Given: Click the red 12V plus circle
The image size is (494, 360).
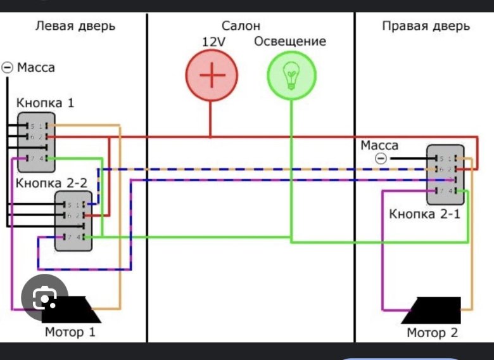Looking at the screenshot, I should click(212, 75).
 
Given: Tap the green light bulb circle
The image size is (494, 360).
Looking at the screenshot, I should click(291, 75).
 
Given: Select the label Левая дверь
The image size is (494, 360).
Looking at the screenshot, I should click(75, 27).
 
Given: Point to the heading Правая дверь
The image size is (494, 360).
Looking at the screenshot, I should click(426, 27).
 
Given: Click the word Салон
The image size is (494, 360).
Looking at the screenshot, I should click(241, 27).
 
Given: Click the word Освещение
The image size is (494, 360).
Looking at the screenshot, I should click(290, 42).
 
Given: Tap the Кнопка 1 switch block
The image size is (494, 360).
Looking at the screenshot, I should click(35, 142).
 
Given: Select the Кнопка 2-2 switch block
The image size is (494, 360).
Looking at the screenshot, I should click(73, 221).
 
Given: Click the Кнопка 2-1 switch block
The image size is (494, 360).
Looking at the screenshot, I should click(445, 174).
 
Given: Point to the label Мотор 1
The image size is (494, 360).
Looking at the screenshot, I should click(70, 331).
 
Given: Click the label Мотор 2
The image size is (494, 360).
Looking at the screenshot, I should click(432, 333).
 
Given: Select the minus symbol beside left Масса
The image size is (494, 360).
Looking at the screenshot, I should click(8, 66).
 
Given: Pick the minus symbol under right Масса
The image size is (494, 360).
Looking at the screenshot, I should click(380, 158).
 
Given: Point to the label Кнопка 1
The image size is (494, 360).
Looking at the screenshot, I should click(45, 103).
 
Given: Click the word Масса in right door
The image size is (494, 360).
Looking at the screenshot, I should click(379, 145).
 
